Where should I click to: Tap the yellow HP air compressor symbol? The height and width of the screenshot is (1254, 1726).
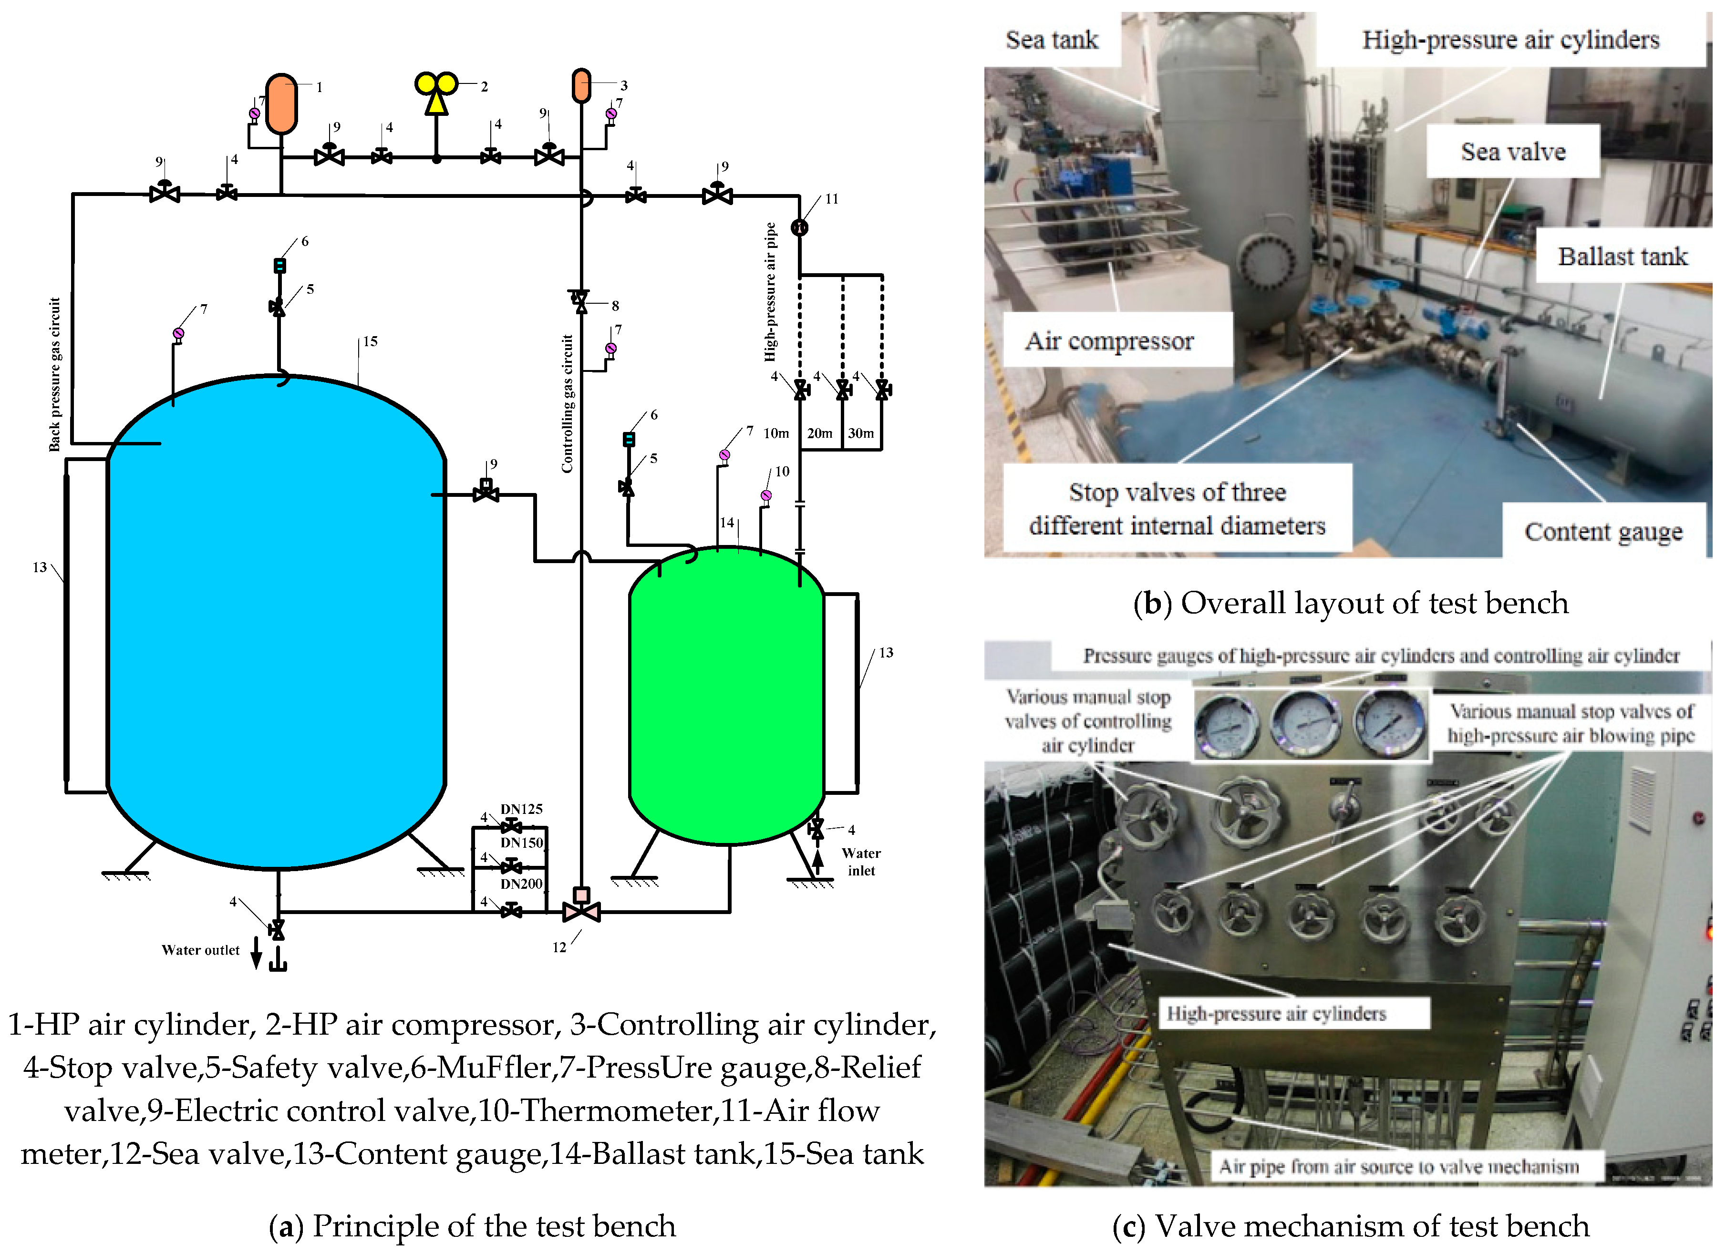coord(436,92)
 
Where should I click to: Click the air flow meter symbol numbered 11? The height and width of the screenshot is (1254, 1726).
coord(799,227)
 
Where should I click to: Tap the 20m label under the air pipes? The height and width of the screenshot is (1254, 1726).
coord(820,433)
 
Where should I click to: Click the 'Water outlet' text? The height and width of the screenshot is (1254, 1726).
coord(200,950)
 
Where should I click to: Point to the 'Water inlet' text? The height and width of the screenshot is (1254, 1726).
coord(861,862)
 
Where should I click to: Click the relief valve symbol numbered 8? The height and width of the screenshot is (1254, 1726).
coord(581,300)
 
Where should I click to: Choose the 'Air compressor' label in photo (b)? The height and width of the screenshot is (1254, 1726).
coord(1109,341)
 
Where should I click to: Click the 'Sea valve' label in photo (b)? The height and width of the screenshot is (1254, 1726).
coord(1513,152)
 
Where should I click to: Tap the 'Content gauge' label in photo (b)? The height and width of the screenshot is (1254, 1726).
coord(1603,531)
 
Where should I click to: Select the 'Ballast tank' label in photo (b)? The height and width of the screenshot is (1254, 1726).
coord(1623,257)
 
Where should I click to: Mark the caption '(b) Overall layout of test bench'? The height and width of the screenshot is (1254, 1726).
coord(1351,603)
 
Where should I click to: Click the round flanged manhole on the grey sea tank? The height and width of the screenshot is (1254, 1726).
coord(1266,263)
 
